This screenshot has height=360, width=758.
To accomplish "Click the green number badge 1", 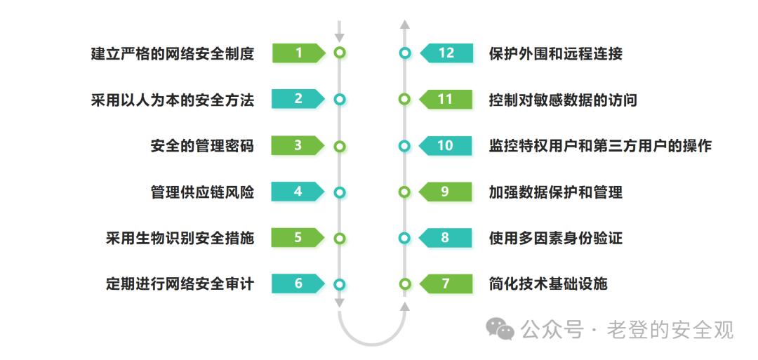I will coord(298,53).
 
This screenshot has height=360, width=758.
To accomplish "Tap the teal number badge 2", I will coord(298,99).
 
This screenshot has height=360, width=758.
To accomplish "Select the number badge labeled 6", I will coord(298,284).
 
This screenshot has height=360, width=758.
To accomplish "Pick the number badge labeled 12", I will coord(446,53).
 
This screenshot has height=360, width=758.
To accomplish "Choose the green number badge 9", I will coord(445,191).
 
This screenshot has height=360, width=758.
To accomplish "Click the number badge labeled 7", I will coord(445,284).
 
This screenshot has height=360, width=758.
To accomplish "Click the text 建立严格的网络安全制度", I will coord(172,53).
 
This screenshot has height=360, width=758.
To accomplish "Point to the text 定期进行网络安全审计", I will coord(180,284).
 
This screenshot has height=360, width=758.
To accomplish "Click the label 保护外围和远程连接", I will coord(556,53).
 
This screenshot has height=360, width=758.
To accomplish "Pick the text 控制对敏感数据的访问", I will coord(563,100).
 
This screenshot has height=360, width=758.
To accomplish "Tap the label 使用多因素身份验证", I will coord(556,238).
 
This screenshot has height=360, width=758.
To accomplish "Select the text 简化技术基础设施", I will coord(548,284).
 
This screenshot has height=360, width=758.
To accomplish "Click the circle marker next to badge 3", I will coord(340,146).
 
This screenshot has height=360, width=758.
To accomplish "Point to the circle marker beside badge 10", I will coord(404,146).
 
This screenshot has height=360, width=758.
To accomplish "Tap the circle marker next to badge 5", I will coord(340,238).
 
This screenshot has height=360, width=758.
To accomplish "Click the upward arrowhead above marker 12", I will coord(404,25).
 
